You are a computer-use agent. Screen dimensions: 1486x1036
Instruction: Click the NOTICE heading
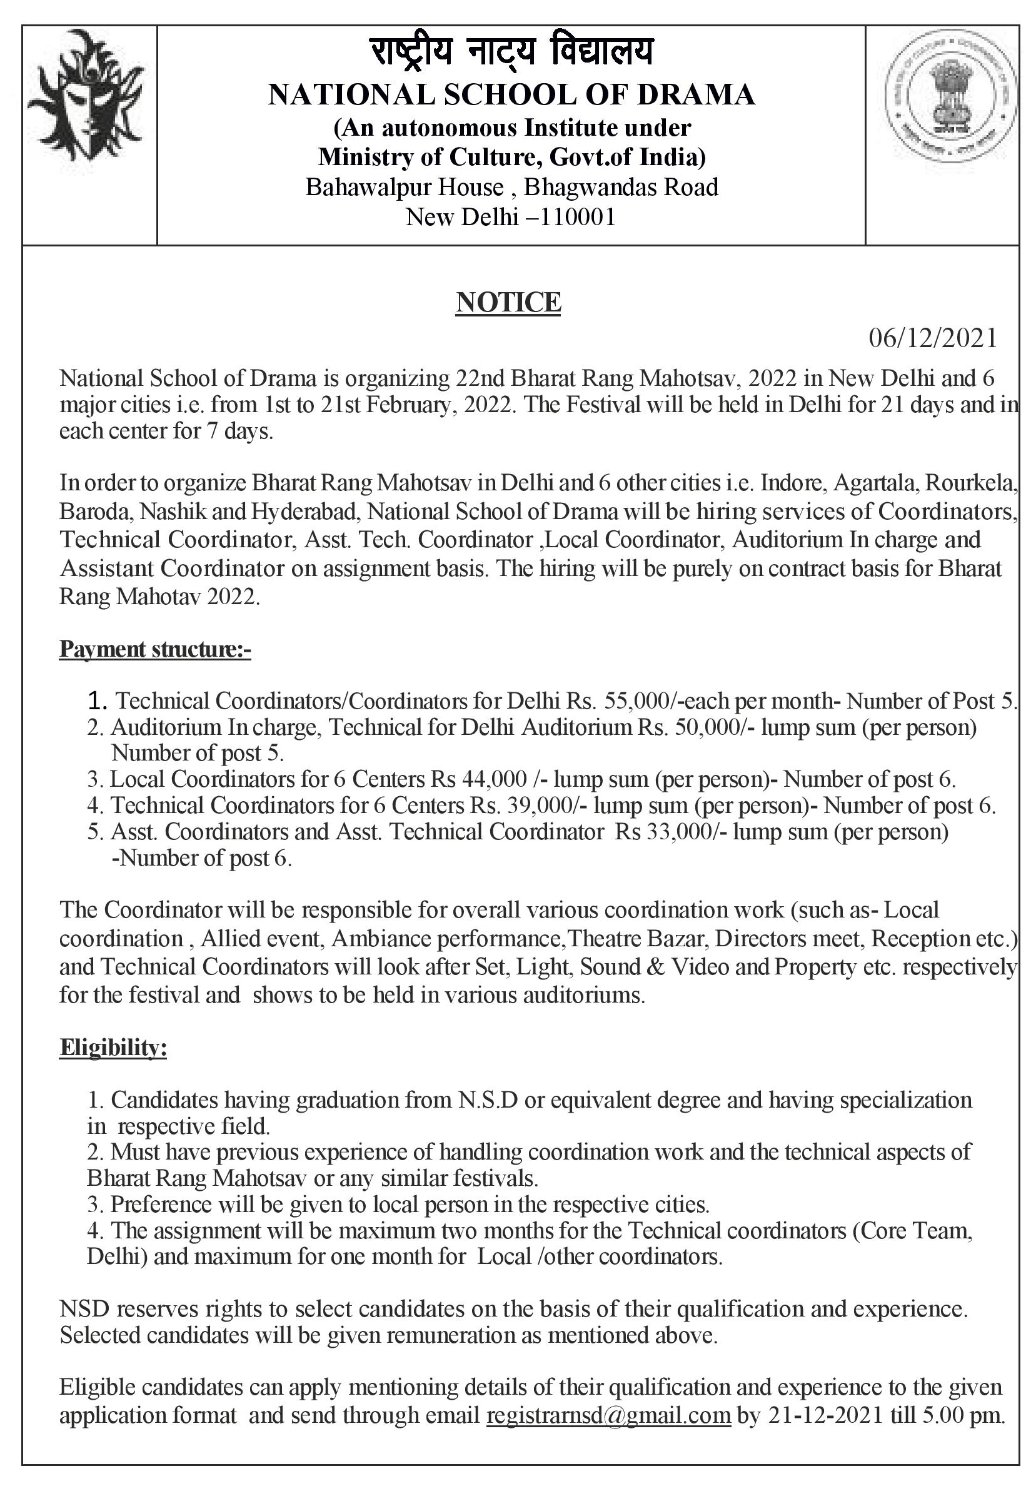pyautogui.click(x=508, y=302)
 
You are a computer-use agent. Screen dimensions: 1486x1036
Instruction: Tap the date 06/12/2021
pyautogui.click(x=932, y=338)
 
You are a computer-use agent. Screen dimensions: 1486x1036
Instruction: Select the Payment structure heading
pyautogui.click(x=154, y=649)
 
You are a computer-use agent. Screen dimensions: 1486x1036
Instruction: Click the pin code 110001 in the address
pyautogui.click(x=578, y=217)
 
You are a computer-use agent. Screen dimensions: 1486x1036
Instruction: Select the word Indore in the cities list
pyautogui.click(x=793, y=483)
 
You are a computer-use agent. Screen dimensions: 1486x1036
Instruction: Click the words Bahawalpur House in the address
pyautogui.click(x=405, y=187)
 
